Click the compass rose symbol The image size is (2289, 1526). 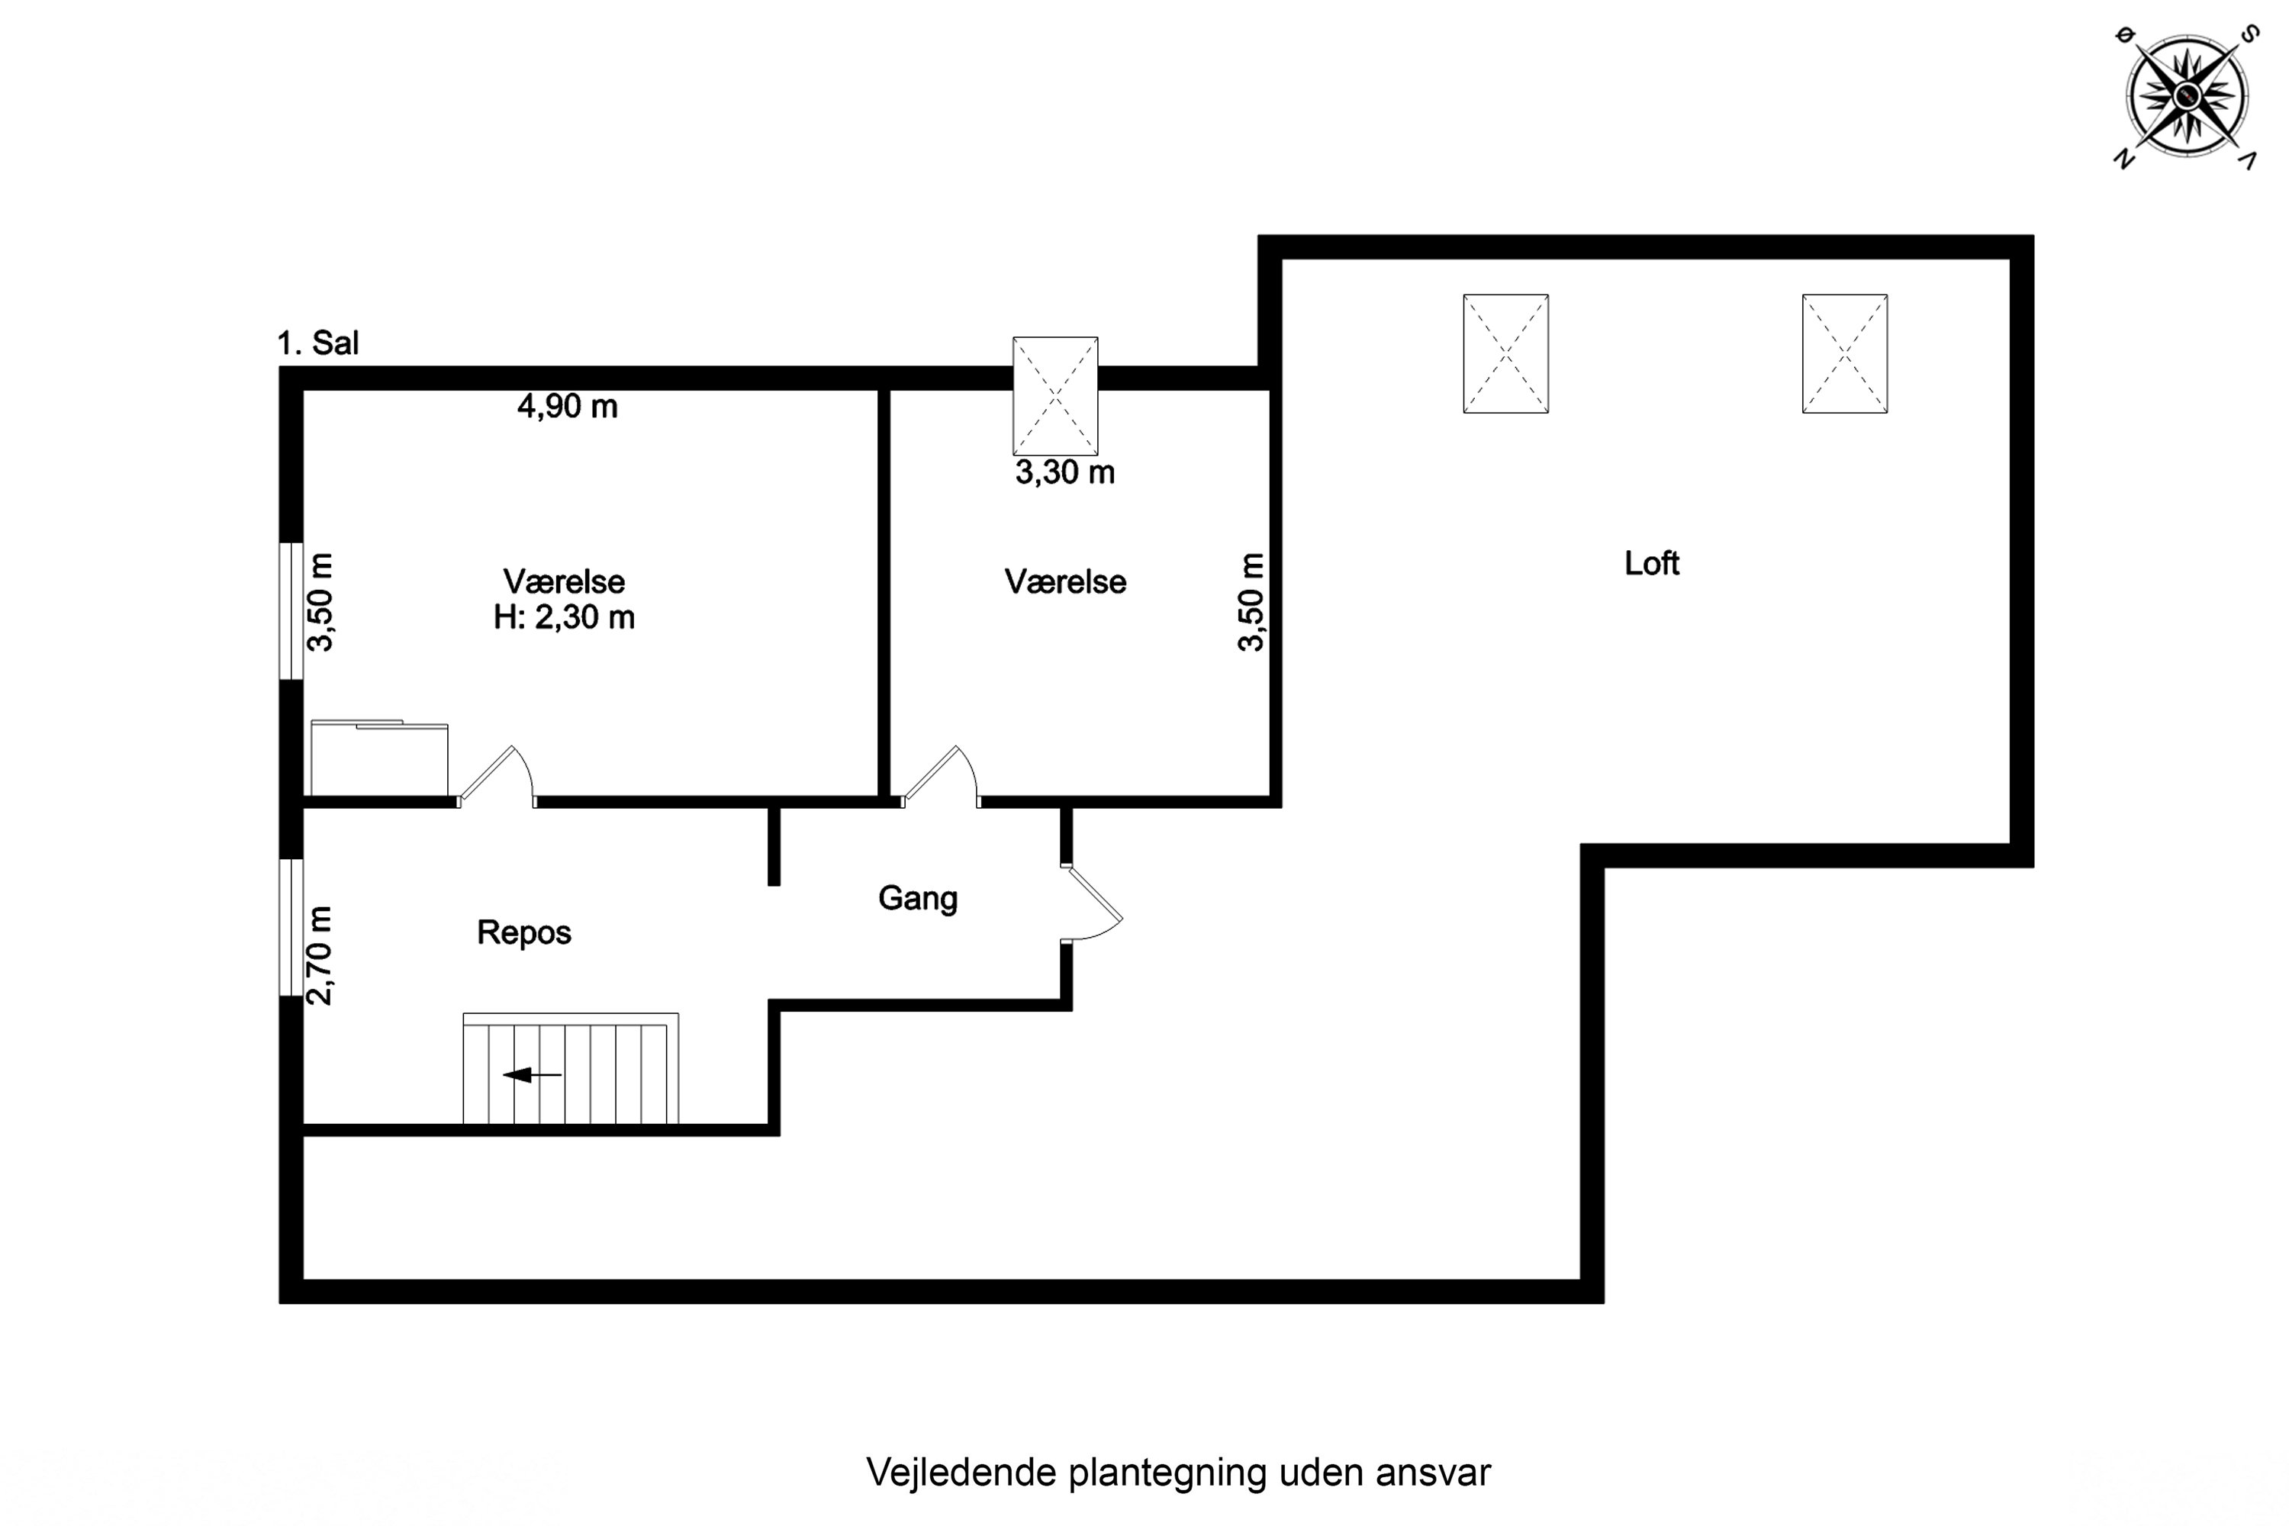click(2187, 95)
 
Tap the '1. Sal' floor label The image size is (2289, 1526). click(317, 343)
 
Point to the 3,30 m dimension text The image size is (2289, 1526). click(1064, 473)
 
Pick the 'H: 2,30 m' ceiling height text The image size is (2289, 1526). click(565, 617)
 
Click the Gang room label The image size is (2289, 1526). click(918, 897)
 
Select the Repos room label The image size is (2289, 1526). click(523, 932)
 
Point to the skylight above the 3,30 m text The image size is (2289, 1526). click(1055, 396)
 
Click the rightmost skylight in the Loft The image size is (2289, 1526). click(1844, 353)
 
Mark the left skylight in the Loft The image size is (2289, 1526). click(1505, 353)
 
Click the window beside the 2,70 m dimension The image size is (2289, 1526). click(291, 928)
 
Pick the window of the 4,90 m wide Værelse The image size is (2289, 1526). click(291, 610)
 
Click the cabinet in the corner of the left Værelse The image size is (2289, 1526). click(378, 759)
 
